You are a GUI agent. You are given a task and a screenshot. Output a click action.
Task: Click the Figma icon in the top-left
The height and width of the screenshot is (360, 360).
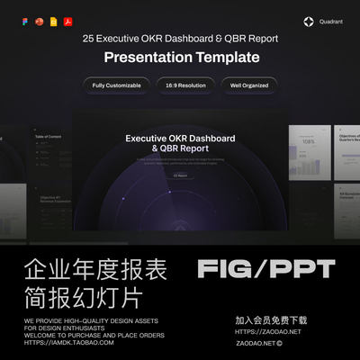coord(25,21)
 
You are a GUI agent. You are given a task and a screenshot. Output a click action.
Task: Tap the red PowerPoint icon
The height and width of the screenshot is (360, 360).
coord(39,21)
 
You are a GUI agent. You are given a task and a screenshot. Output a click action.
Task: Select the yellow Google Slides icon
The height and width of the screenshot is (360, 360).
coord(53,21)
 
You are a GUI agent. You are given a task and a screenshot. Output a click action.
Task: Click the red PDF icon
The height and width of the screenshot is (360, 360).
coord(67,21)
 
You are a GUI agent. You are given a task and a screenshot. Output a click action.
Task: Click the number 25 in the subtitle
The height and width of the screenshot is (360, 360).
coord(88,40)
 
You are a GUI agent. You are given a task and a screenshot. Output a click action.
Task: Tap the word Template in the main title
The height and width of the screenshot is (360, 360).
coord(228,58)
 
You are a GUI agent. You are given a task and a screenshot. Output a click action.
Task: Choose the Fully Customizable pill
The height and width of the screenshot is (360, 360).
coord(116,85)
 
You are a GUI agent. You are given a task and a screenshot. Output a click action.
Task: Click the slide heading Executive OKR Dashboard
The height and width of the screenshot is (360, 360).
coord(180,139)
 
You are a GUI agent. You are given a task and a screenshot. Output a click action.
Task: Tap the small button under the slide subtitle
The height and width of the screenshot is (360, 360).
coord(180,175)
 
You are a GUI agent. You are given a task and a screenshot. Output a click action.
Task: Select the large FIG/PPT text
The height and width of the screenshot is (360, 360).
coord(265,268)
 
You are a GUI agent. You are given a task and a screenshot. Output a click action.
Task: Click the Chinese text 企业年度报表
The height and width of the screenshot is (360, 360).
coord(83,268)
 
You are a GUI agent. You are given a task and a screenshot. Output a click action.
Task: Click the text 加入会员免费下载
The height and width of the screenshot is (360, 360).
coord(271,320)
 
